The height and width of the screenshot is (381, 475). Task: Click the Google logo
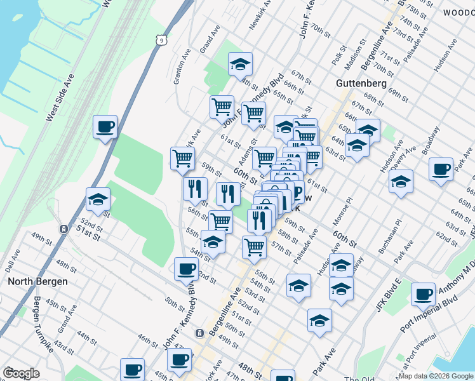click(x=21, y=373)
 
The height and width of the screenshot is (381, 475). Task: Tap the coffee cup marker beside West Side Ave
click(x=105, y=126)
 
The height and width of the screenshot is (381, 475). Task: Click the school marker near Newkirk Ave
click(x=240, y=63)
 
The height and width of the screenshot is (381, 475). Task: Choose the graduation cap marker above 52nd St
click(x=98, y=199)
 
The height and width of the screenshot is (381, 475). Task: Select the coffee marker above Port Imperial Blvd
click(x=423, y=294)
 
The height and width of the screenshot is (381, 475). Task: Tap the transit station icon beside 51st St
click(x=64, y=229)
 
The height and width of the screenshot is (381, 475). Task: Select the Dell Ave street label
click(x=12, y=258)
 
